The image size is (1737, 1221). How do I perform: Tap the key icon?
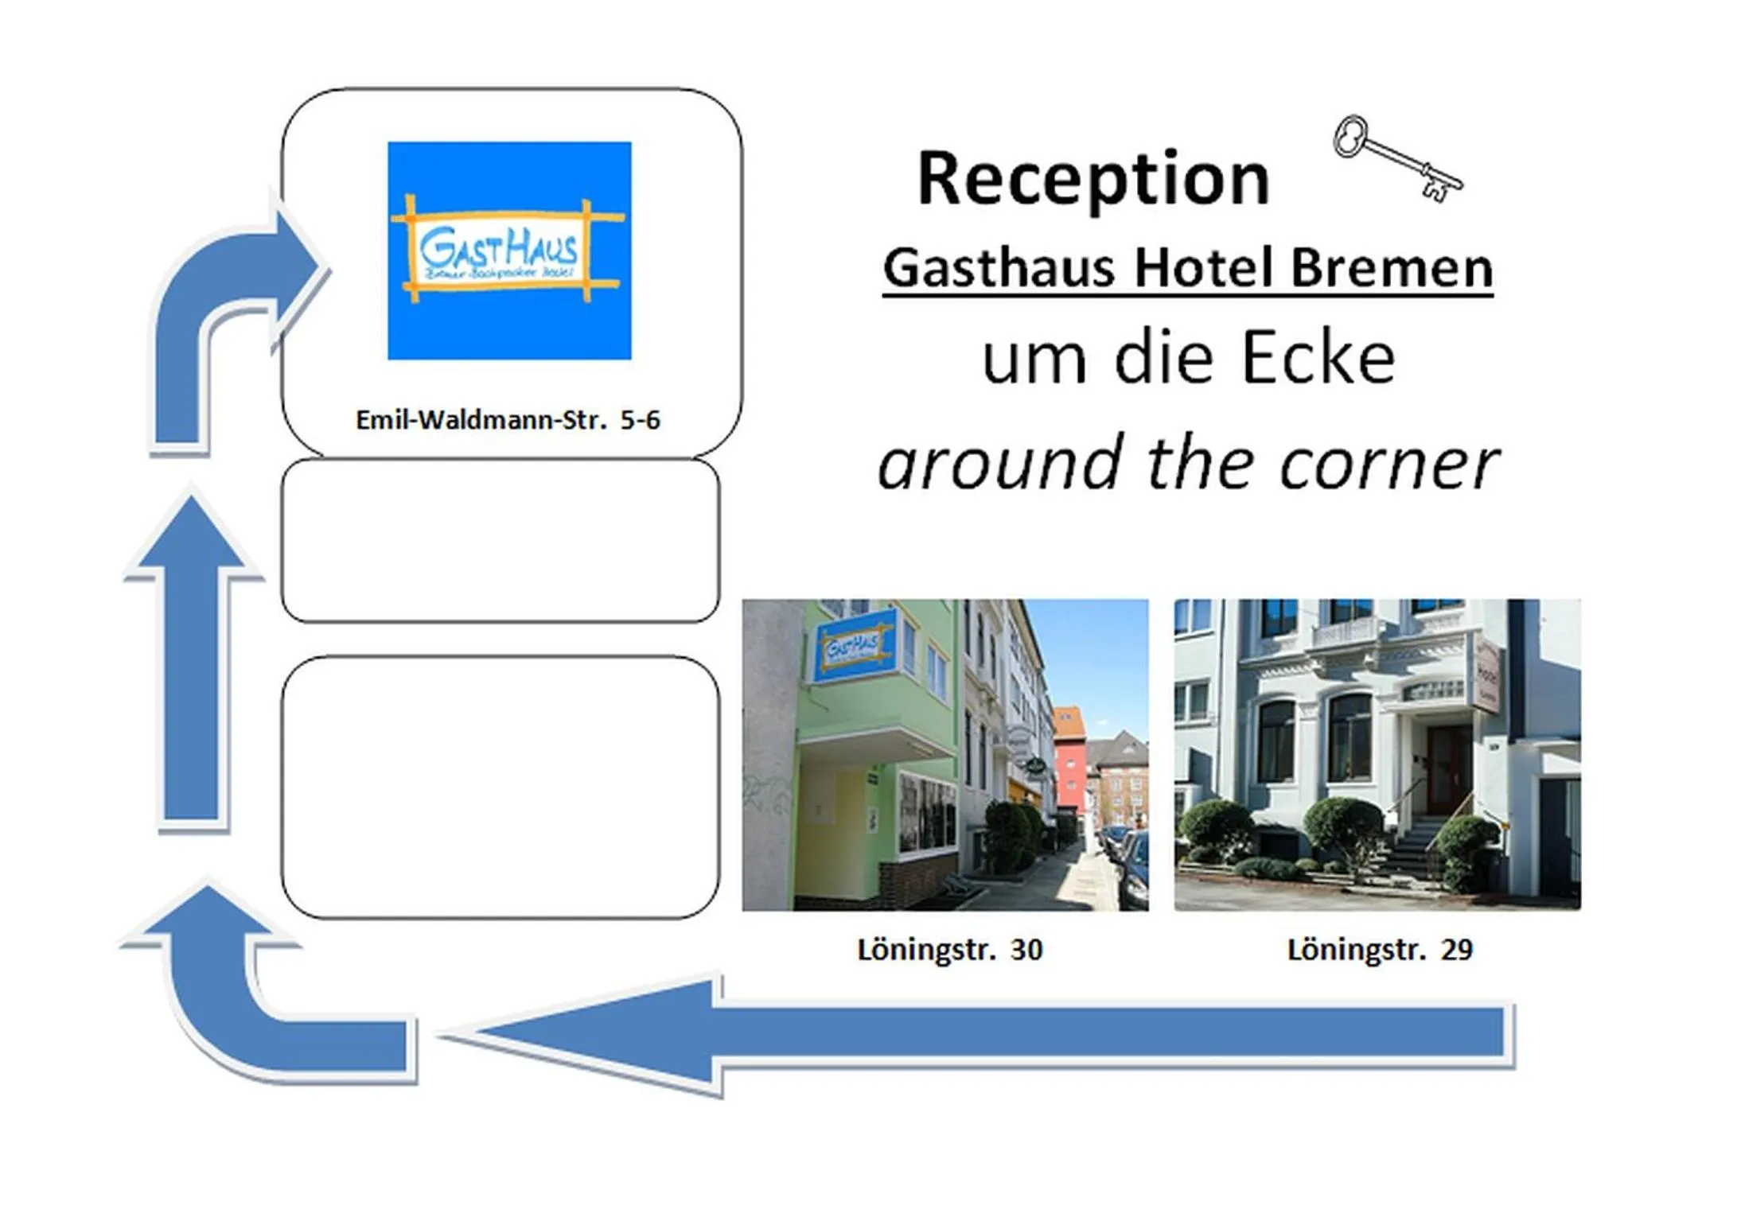(1396, 157)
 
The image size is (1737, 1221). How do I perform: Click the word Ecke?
(1318, 358)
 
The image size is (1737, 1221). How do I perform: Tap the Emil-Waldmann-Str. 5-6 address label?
(508, 420)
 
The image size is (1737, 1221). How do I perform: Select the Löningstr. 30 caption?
(949, 950)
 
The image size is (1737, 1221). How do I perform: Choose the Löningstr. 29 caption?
(1380, 950)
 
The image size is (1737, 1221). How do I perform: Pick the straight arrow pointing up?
(192, 660)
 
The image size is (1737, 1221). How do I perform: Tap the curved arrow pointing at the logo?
(231, 310)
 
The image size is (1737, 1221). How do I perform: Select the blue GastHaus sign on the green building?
(853, 645)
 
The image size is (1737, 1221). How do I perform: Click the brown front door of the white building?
(1448, 768)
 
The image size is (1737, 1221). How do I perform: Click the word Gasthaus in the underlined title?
(999, 268)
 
